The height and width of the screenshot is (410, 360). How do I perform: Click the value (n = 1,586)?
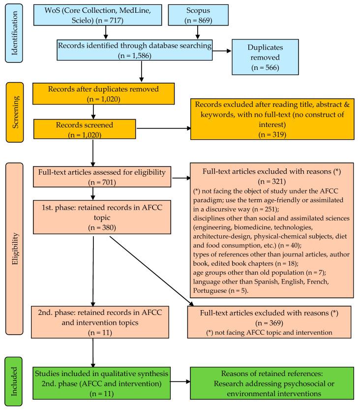point(142,56)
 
